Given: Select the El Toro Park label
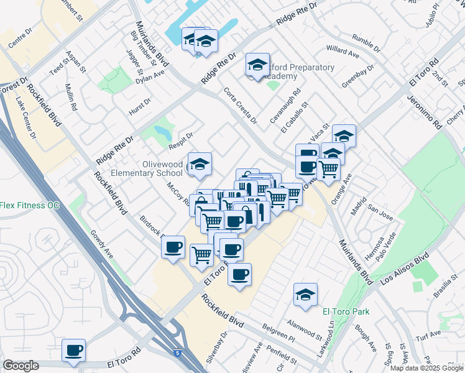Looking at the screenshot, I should [346, 311].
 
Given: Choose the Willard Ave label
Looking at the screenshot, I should [343, 50].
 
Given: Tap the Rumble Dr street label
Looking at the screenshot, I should [366, 43].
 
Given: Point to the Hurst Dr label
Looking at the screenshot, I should [139, 106].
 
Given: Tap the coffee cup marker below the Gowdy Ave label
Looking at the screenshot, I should [73, 349].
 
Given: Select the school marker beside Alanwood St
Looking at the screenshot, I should [305, 295].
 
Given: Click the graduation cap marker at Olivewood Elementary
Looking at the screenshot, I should [200, 164].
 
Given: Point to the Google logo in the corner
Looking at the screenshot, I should [21, 366].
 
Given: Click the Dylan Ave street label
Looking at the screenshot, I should [150, 76].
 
